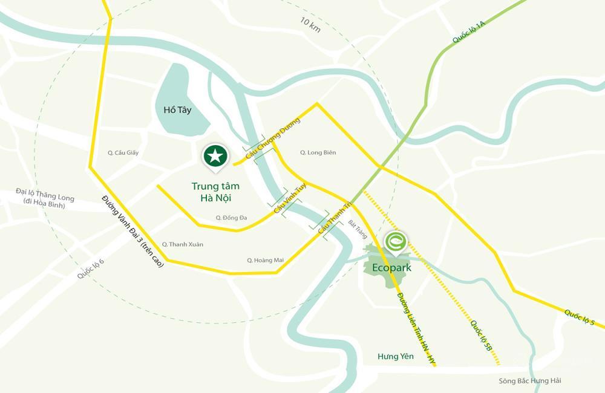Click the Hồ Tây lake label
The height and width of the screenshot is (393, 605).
(x=178, y=110)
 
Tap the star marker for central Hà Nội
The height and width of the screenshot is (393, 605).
(x=215, y=156)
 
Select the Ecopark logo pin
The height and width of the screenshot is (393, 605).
(x=396, y=241)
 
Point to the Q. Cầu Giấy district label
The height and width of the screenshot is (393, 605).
(x=123, y=153)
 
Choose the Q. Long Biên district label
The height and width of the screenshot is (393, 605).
(x=318, y=153)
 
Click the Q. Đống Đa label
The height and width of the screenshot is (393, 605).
(x=231, y=218)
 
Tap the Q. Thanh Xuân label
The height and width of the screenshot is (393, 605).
(x=182, y=244)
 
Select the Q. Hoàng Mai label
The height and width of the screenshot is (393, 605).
(x=265, y=260)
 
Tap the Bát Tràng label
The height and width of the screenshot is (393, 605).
(x=358, y=229)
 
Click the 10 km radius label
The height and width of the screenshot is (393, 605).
(x=310, y=25)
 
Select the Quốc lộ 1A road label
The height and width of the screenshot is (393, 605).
(x=469, y=32)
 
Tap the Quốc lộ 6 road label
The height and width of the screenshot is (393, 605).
(x=91, y=268)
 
